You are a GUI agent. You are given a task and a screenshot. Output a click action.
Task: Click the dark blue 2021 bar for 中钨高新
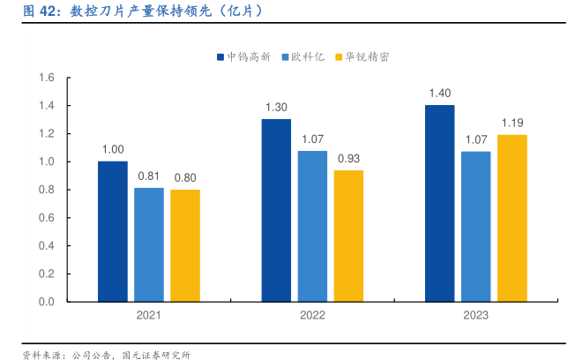pos(112,231)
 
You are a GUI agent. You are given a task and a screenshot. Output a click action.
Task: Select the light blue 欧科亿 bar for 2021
pos(149,244)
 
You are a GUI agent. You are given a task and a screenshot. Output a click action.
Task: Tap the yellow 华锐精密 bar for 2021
pos(185,245)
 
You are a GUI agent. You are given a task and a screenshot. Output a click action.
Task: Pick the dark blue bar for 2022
pos(276,210)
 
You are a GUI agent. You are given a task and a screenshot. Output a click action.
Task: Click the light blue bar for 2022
pos(312,226)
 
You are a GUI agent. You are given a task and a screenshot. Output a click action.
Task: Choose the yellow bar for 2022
pos(348,236)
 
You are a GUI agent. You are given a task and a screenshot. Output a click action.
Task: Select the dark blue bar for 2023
pos(439,203)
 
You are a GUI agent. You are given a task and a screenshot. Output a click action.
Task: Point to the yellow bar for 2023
pos(512,218)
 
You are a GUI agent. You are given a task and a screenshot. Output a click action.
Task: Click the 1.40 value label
pos(439,94)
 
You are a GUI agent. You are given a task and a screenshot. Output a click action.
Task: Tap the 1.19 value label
pos(512,123)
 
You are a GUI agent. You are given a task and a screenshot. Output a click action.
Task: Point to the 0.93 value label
pos(348,159)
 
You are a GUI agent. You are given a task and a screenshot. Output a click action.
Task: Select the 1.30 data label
pos(276,108)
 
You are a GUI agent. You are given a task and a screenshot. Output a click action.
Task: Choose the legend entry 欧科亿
pos(303,56)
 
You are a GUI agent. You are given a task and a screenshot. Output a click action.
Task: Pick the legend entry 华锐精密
pos(364,56)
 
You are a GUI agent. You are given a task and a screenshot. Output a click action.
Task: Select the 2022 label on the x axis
pos(312,315)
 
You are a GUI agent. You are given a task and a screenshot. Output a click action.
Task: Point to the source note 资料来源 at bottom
pos(106,354)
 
